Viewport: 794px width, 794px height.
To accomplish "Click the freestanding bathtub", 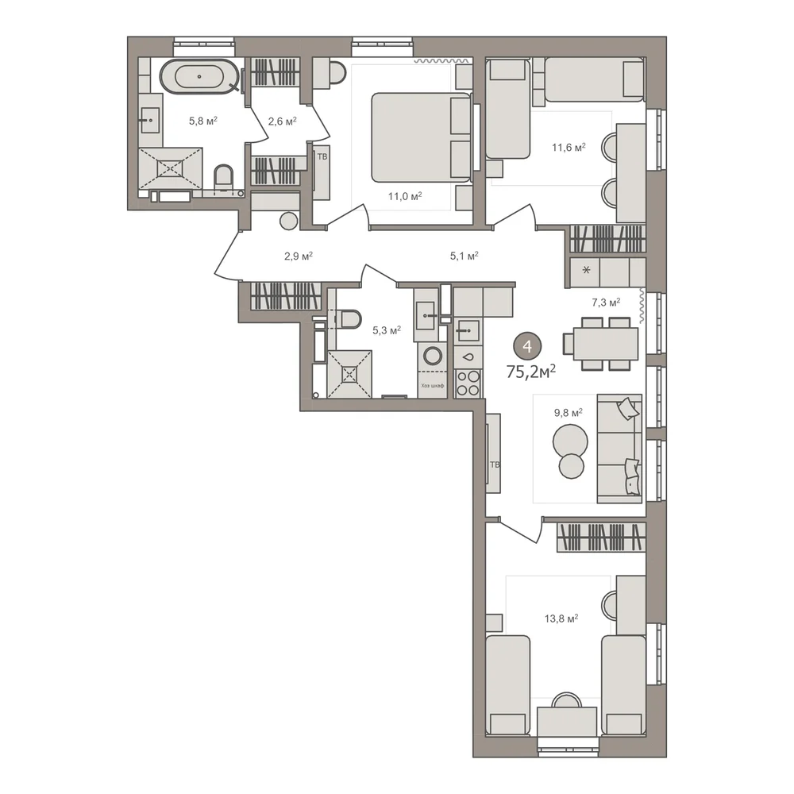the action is click(199, 76).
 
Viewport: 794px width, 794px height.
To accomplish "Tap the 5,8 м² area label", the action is click(203, 121).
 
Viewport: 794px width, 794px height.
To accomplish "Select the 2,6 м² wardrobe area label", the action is click(282, 121).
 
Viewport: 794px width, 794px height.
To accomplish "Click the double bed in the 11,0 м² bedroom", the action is click(422, 137).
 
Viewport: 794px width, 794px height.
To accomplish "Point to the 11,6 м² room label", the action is click(569, 148).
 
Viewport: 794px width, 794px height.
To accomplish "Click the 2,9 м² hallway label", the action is click(299, 256).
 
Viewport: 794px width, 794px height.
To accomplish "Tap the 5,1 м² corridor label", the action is click(464, 256).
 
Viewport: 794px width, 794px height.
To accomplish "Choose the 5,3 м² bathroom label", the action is click(387, 330).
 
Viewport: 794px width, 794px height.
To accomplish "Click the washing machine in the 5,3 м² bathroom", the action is click(433, 356).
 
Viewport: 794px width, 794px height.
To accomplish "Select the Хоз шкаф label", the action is click(433, 385).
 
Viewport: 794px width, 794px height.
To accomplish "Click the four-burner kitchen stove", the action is click(468, 384).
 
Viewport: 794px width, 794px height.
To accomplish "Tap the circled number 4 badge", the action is click(528, 347).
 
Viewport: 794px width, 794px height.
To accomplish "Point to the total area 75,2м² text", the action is click(531, 372).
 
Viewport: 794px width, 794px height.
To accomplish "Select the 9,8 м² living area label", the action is click(569, 413).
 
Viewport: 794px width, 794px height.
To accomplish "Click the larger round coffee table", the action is click(570, 441).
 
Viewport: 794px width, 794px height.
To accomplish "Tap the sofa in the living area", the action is click(619, 449).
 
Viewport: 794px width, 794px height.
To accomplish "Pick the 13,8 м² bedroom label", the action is click(561, 619).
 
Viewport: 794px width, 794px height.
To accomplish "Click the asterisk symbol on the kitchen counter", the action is click(587, 271).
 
